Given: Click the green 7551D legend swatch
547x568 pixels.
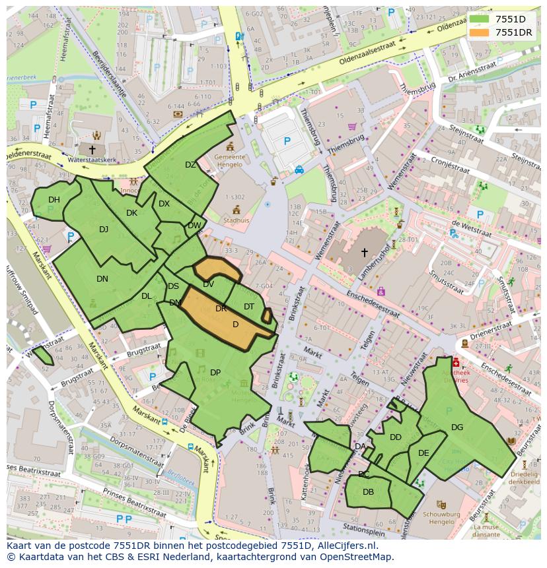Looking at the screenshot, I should pyautogui.click(x=480, y=19).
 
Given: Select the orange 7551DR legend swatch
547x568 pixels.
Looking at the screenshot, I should pyautogui.click(x=480, y=32).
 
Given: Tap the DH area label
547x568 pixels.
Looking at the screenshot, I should pyautogui.click(x=54, y=200).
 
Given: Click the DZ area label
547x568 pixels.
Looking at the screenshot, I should pyautogui.click(x=190, y=165).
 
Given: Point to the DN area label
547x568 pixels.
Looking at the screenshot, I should pyautogui.click(x=102, y=279).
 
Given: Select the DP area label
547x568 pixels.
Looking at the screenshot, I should pyautogui.click(x=215, y=373).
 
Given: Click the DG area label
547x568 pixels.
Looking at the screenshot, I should pyautogui.click(x=457, y=427).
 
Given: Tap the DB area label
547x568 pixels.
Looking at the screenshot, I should pyautogui.click(x=368, y=492).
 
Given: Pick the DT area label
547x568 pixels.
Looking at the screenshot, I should pyautogui.click(x=248, y=307).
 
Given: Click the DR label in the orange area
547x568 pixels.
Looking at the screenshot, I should pyautogui.click(x=221, y=309).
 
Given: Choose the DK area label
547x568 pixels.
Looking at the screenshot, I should pyautogui.click(x=131, y=212).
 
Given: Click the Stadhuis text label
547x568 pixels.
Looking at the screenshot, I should pyautogui.click(x=237, y=220).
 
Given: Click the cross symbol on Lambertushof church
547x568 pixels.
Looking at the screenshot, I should pyautogui.click(x=363, y=252).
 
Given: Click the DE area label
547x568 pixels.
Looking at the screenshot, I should pyautogui.click(x=423, y=453).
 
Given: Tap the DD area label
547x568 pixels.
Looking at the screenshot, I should pyautogui.click(x=395, y=437).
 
